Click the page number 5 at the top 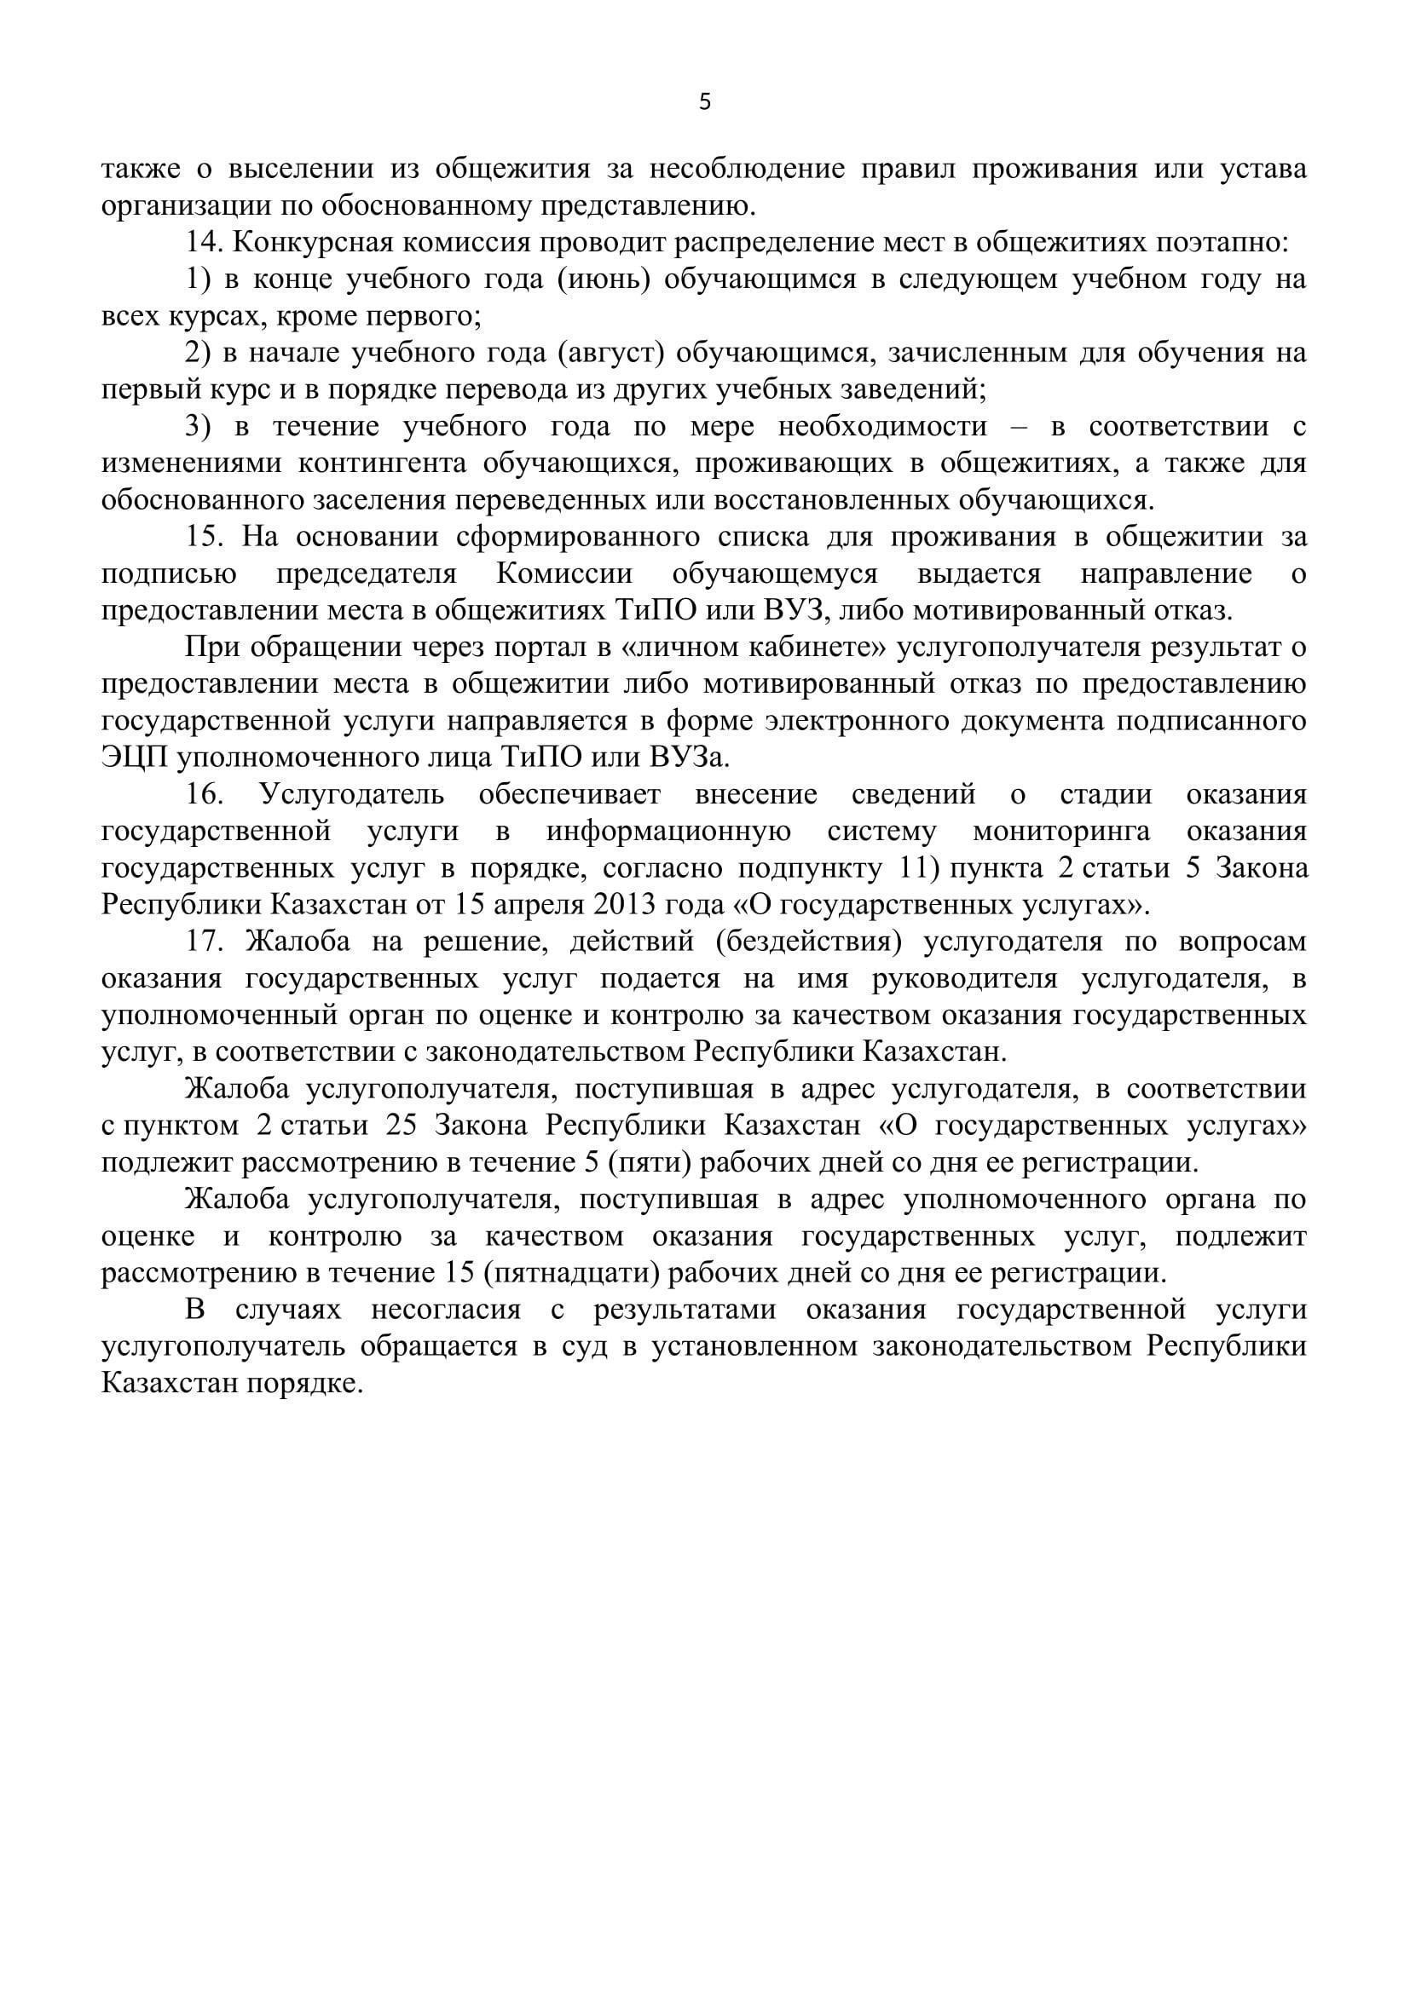[704, 102]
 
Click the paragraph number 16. [205, 794]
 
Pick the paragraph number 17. [205, 942]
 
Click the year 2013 [625, 906]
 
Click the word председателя [367, 573]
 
